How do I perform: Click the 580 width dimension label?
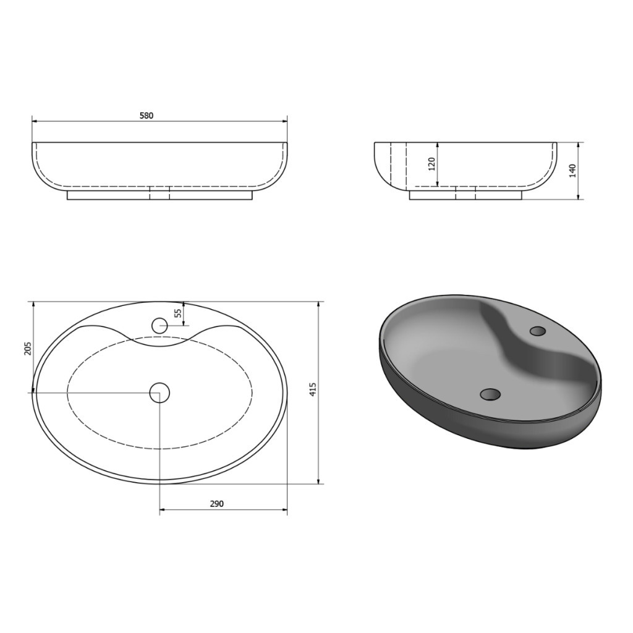147,116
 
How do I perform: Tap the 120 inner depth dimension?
431,164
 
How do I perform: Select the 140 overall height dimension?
572,171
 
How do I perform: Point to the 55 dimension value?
178,313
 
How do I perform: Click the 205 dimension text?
27,349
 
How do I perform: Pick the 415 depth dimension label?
313,389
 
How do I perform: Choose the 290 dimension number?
217,504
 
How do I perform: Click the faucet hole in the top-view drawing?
159,325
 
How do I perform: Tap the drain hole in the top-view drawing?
159,393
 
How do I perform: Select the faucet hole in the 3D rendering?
537,331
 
